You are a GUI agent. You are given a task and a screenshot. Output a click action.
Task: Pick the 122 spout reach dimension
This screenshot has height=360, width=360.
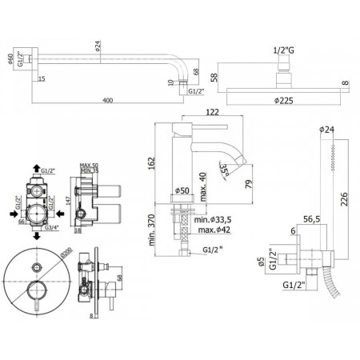pos(213,114)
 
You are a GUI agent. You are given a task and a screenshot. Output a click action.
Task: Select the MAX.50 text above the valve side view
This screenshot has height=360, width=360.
pos(90,164)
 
